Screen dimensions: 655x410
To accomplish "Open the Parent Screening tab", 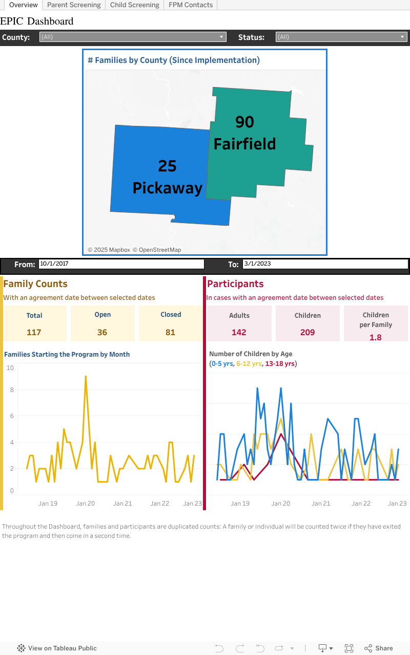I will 74,5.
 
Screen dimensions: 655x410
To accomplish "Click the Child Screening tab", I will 135,5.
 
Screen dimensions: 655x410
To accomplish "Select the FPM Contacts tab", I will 191,5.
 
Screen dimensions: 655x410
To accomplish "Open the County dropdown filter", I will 133,37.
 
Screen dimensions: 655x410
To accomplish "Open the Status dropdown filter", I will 341,37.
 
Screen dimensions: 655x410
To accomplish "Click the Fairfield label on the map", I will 244,144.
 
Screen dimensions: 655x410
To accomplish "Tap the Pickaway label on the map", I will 168,188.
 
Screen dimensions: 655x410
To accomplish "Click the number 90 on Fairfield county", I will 244,122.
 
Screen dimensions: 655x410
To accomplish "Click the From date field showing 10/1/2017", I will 121,264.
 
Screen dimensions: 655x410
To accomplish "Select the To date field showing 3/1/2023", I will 325,264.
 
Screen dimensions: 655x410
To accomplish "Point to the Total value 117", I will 34,332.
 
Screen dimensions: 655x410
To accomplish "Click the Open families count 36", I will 102,332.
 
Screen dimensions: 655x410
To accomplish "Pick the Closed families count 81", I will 170,332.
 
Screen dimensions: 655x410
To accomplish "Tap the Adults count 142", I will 239,332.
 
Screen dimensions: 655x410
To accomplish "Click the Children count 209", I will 307,332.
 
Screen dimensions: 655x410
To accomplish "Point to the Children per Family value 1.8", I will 376,337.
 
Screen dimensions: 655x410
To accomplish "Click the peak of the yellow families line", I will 86,377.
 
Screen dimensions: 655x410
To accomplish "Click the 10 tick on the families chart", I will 10,368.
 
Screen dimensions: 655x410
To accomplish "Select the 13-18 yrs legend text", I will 280,364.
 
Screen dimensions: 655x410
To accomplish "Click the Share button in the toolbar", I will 379,648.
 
